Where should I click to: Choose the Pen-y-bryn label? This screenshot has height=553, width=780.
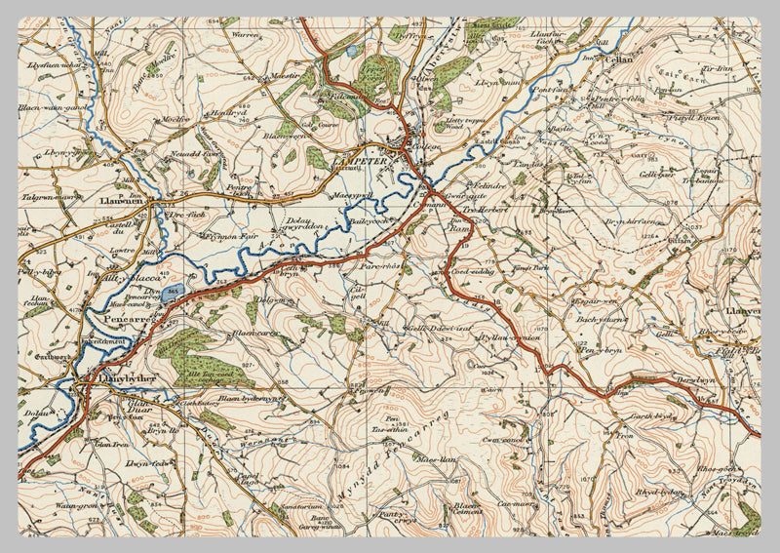[x=597, y=349]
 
